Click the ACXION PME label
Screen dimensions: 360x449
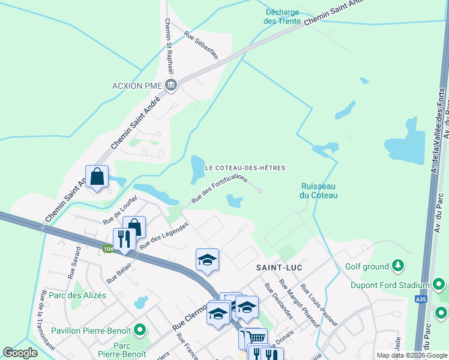tap(137, 85)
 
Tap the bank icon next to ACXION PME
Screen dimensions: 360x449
tap(171, 85)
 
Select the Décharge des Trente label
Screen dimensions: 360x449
tap(282, 16)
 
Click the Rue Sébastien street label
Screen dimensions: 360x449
tap(201, 44)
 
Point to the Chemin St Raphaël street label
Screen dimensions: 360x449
tap(168, 44)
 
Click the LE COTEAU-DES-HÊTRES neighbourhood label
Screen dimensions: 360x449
tap(245, 168)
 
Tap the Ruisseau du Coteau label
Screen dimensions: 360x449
tap(319, 190)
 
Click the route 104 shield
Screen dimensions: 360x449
tap(108, 249)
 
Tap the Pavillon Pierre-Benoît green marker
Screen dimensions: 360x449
tap(140, 329)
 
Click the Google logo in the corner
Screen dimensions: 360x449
tap(20, 353)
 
